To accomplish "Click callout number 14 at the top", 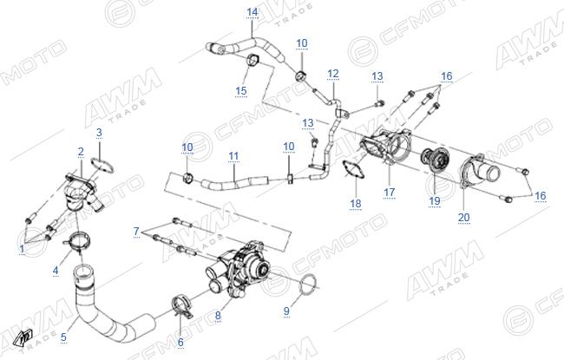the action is tap(252, 12).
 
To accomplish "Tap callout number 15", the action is tap(241, 90).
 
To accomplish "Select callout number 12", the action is tap(333, 74).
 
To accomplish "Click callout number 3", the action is tap(99, 133).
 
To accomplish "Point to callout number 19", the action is tap(435, 200).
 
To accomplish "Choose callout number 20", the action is tap(463, 217).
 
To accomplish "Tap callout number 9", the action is tap(286, 311).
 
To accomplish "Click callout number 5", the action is tap(63, 337).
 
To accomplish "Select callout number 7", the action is tap(136, 232).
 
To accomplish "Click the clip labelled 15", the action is tap(254, 60).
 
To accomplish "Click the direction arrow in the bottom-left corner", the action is tap(24, 337).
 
